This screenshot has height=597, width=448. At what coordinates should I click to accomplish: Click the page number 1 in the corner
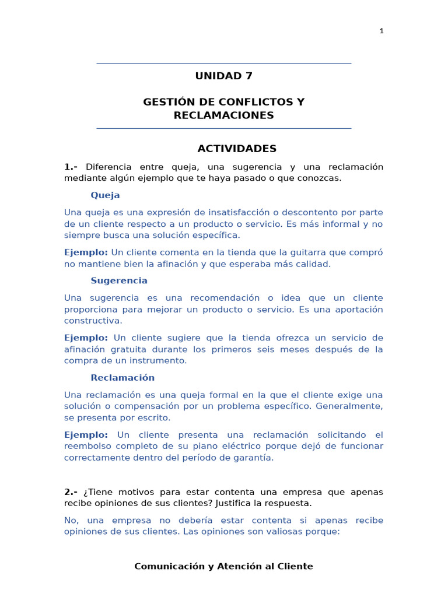pos(381,31)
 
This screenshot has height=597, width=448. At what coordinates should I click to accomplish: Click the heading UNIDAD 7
pos(223,76)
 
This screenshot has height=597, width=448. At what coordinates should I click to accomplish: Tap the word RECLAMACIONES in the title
pos(223,115)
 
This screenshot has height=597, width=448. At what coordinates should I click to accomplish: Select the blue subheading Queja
pos(105,195)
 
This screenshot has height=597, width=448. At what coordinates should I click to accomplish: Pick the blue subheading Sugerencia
pos(119,280)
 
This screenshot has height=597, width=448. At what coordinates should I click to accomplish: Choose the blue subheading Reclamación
pos(123,377)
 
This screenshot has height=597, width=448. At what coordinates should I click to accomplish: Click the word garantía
pos(253,458)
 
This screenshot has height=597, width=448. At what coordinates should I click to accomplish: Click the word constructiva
pos(93,321)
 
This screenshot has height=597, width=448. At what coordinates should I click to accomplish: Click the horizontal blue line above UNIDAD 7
pos(223,64)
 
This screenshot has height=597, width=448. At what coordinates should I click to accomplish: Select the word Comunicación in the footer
pos(166,566)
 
